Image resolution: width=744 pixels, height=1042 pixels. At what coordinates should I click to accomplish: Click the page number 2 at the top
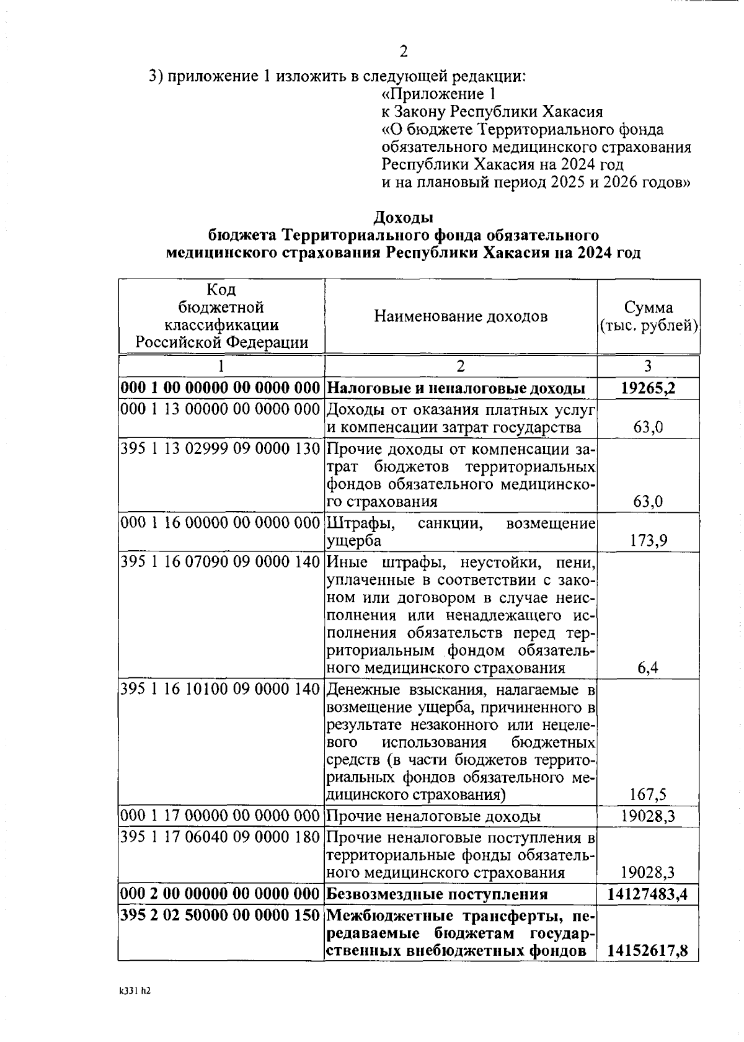coord(404,51)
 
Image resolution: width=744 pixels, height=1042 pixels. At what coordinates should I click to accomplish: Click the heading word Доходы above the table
coord(403,218)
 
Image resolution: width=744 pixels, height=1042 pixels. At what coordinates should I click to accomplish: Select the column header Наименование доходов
coord(461,317)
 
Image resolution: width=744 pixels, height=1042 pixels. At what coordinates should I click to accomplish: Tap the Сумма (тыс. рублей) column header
coord(649,316)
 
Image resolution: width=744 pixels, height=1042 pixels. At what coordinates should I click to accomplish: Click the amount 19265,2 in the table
coord(649,389)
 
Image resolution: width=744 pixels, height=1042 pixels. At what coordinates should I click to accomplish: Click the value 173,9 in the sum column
coord(649,541)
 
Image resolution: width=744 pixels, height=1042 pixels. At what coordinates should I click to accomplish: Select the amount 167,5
coord(649,795)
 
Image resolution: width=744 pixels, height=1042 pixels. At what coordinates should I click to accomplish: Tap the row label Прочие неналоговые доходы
coord(433,816)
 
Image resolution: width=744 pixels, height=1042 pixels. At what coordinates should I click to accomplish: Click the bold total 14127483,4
coord(649,894)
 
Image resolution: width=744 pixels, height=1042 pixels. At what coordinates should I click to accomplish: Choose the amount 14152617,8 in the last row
coord(648,951)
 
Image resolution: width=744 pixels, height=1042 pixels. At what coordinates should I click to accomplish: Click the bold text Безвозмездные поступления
coord(437,894)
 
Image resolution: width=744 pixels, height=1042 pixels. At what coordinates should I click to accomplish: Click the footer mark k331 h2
coord(135,991)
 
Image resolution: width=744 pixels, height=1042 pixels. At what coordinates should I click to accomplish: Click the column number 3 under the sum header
coord(649,365)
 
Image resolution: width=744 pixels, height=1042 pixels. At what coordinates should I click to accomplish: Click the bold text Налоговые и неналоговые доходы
coord(456,389)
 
